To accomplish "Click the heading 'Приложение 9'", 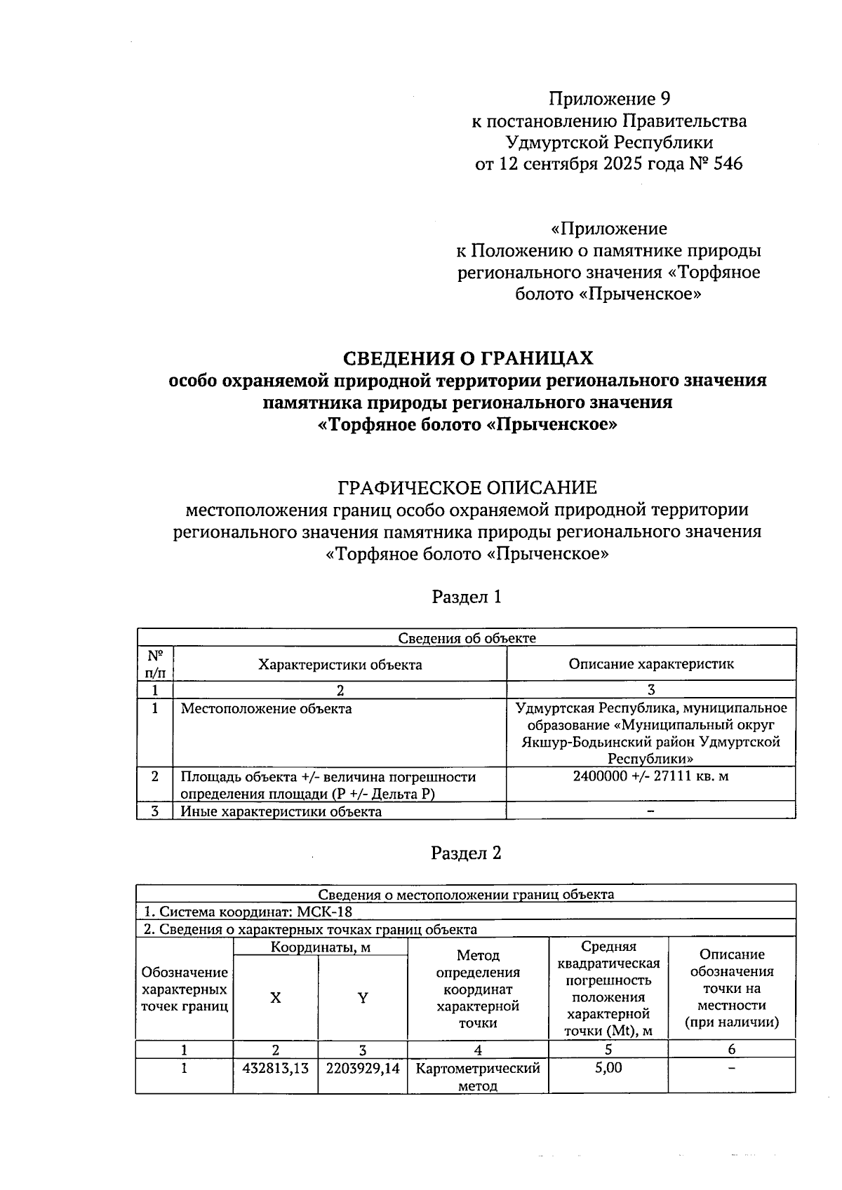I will click(609, 98).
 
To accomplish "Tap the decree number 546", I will click(727, 164).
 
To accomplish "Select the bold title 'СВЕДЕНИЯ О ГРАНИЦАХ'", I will click(467, 358).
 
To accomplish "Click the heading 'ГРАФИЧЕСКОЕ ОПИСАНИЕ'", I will click(467, 487).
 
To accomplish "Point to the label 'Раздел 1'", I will click(467, 597).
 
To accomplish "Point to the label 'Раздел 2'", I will click(467, 853).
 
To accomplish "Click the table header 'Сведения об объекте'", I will click(467, 637).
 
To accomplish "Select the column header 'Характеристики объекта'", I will click(340, 664).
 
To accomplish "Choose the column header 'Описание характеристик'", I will click(651, 663).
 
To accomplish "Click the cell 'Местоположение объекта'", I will click(267, 709).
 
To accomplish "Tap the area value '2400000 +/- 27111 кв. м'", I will click(651, 776).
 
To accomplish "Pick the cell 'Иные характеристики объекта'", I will click(281, 811).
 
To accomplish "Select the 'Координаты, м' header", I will click(321, 947).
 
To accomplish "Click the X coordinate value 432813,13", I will click(276, 1069).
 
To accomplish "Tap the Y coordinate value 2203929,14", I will click(363, 1069).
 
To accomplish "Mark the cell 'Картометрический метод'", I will click(478, 1077).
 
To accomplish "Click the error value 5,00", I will click(608, 1068).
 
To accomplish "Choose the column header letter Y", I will click(363, 998).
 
